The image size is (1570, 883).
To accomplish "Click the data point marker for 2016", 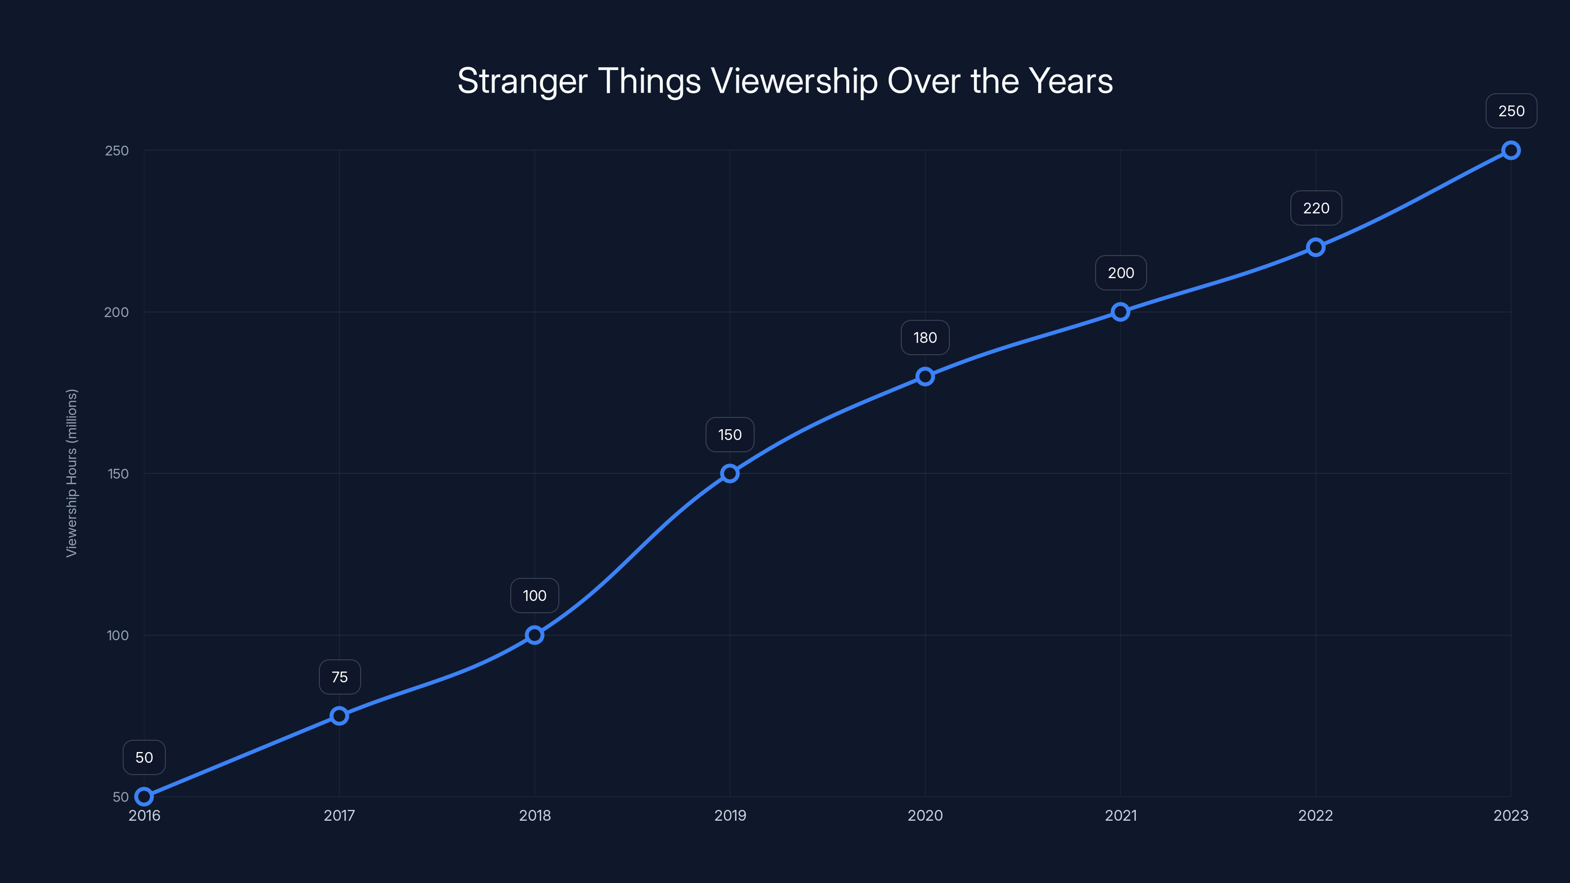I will pyautogui.click(x=144, y=797).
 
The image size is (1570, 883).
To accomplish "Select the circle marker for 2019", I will pyautogui.click(x=730, y=473).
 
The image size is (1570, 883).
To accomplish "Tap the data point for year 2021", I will pyautogui.click(x=1120, y=312).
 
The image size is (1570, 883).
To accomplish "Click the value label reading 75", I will pyautogui.click(x=340, y=677).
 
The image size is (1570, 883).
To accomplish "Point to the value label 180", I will pyautogui.click(x=924, y=338).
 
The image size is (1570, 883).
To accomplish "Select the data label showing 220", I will pyautogui.click(x=1316, y=208).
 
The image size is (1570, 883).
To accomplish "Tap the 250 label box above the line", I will pyautogui.click(x=1511, y=111).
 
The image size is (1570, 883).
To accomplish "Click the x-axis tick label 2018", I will pyautogui.click(x=534, y=815).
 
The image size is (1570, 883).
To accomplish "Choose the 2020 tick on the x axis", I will pyautogui.click(x=924, y=815).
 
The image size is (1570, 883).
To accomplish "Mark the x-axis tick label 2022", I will pyautogui.click(x=1315, y=815).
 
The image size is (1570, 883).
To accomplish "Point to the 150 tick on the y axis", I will pyautogui.click(x=118, y=474).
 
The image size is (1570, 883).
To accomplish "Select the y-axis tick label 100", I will pyautogui.click(x=118, y=636).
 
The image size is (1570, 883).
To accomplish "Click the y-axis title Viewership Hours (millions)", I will pyautogui.click(x=72, y=473).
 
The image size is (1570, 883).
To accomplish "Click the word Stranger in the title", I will pyautogui.click(x=523, y=81).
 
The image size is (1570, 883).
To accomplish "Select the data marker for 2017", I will pyautogui.click(x=340, y=715).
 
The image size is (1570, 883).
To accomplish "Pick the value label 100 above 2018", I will pyautogui.click(x=534, y=596).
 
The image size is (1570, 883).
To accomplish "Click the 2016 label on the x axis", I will pyautogui.click(x=144, y=815).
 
